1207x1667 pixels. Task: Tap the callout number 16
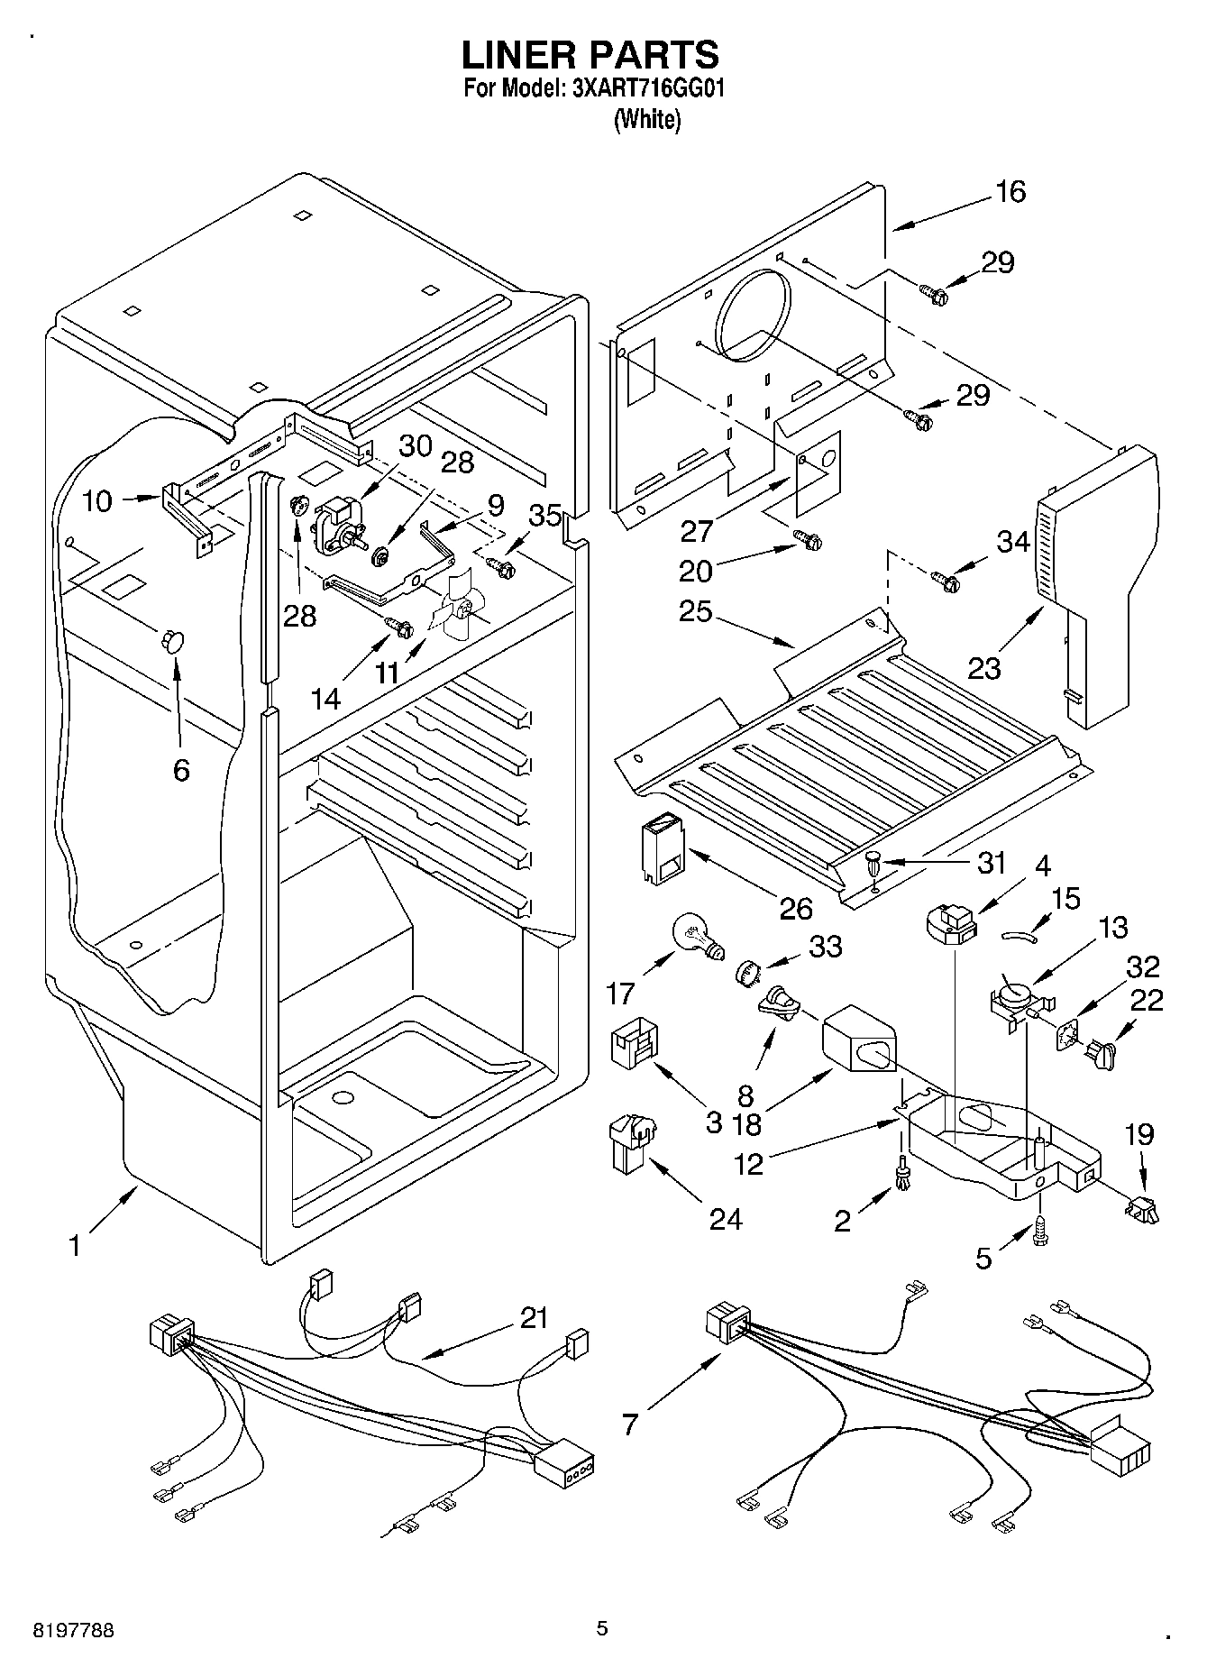1010,191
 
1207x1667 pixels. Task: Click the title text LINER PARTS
590,56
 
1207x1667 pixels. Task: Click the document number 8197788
75,1631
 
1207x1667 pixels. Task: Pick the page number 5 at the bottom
602,1628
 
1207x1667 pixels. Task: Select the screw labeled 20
808,539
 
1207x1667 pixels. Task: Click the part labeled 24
632,1145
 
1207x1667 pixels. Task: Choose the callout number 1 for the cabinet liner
76,1246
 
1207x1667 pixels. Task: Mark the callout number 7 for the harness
630,1424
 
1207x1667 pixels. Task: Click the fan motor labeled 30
338,526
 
